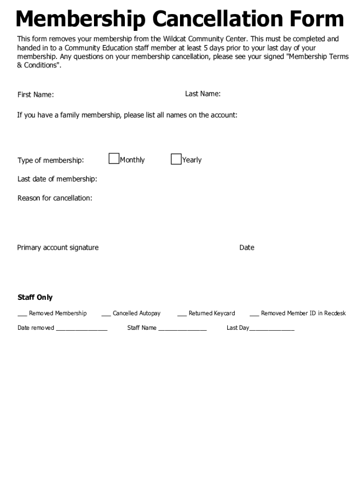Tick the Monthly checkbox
pos(114,159)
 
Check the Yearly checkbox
pos(176,159)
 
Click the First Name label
pos(36,95)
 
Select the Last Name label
pos(202,94)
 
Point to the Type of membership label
pos(50,160)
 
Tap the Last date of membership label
pos(57,179)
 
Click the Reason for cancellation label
pos(55,198)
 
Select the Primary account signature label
pos(58,247)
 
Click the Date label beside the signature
pos(246,247)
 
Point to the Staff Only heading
pos(35,298)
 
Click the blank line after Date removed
pos(81,329)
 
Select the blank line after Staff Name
pos(182,329)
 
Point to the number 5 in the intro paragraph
pos(205,48)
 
